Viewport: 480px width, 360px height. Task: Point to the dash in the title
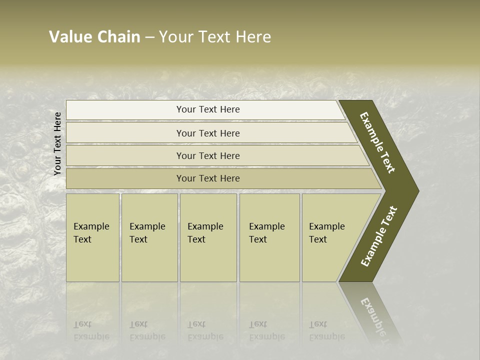point(149,37)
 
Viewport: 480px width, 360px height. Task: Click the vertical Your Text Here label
point(57,143)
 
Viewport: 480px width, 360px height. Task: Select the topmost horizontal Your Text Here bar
point(208,109)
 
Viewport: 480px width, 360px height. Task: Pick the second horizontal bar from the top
point(208,133)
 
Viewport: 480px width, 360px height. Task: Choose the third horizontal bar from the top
point(208,155)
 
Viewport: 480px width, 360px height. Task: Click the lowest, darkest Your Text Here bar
point(208,178)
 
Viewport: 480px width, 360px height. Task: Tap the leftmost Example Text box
point(92,237)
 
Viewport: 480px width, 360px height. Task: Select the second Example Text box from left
point(149,237)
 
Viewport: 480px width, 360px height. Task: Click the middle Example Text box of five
point(207,237)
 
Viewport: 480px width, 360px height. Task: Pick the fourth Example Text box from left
point(269,237)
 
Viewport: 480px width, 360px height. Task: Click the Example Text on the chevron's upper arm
point(377,142)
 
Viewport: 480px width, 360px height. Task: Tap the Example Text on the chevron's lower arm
point(379,236)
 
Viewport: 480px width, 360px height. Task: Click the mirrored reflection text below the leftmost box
point(91,330)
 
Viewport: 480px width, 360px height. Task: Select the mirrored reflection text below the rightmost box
point(326,330)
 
